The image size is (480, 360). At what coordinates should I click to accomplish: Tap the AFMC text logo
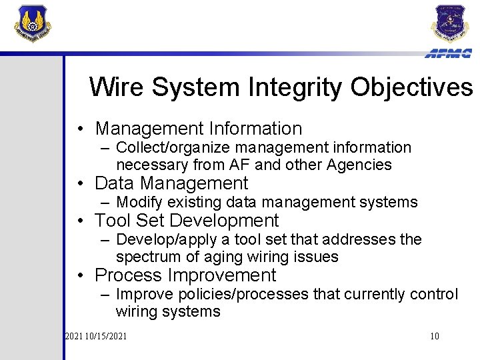(x=448, y=53)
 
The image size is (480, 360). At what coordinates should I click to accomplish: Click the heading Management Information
(x=199, y=128)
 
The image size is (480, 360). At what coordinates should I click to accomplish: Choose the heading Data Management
(x=171, y=183)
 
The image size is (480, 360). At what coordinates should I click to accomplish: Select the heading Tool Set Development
(x=187, y=220)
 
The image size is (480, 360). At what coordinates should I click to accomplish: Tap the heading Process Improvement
(x=185, y=275)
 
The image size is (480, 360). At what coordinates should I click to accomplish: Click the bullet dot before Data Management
(x=79, y=184)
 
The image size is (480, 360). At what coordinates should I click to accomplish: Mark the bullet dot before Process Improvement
(x=79, y=275)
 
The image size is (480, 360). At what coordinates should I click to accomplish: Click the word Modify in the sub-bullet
(x=136, y=202)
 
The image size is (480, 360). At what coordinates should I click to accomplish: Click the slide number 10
(x=434, y=336)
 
